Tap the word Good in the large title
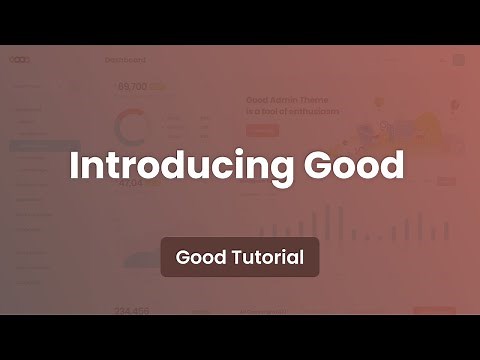(356, 165)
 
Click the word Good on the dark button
(198, 257)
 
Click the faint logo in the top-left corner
(20, 60)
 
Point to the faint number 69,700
(134, 87)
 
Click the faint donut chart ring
(131, 126)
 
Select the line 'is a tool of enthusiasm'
(292, 112)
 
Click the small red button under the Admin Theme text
(262, 129)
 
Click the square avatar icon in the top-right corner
(458, 60)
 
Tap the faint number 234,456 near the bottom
(133, 310)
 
